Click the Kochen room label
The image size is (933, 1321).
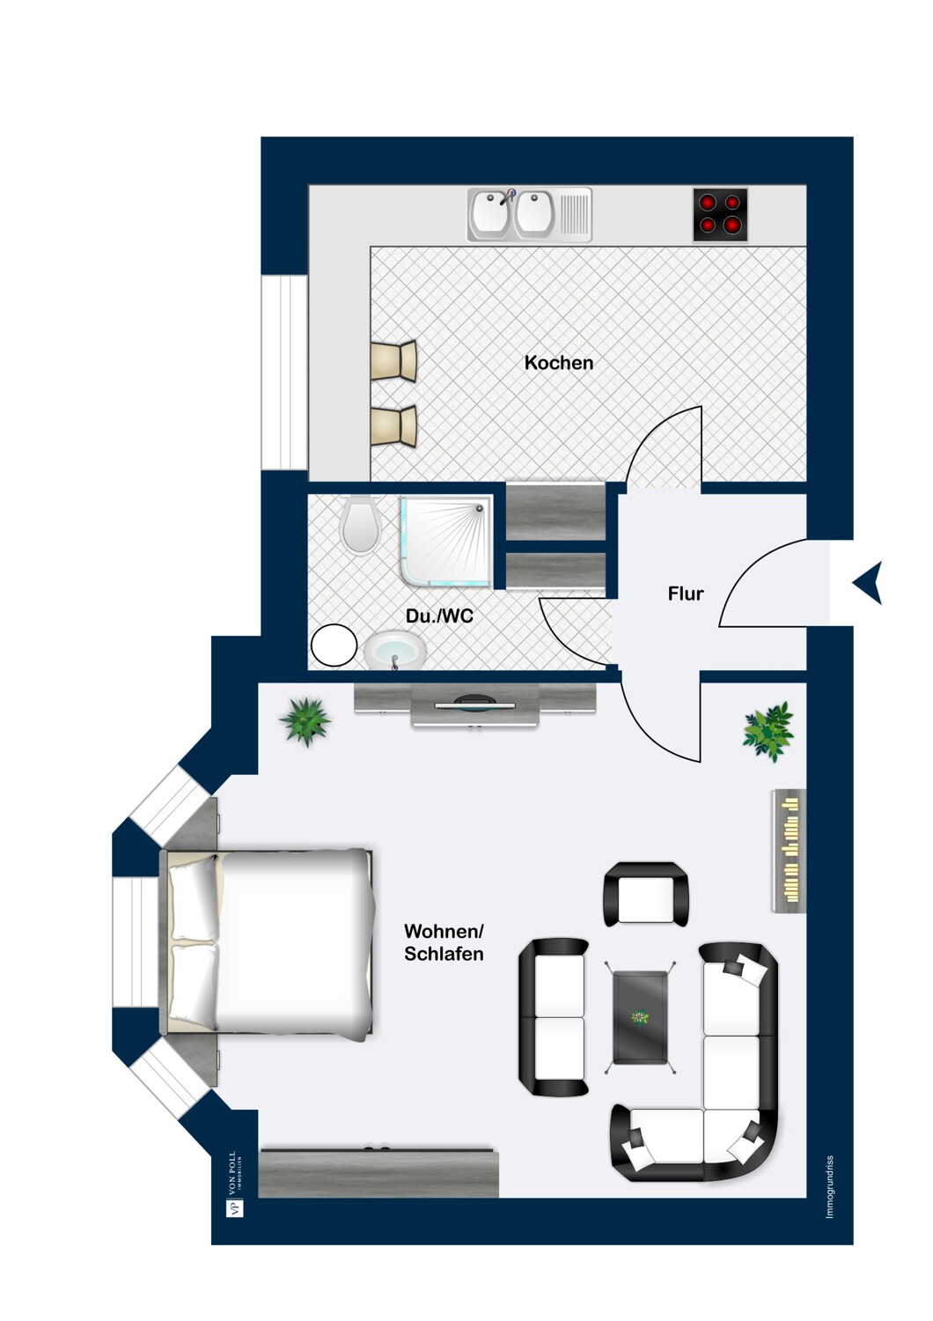tap(558, 363)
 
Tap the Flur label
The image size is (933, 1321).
tap(685, 594)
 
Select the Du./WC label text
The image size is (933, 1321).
tap(439, 616)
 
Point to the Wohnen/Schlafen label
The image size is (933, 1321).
tap(444, 942)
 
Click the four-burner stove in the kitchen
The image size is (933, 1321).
tap(720, 215)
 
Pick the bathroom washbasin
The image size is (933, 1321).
tap(394, 651)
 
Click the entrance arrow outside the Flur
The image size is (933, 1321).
tap(868, 583)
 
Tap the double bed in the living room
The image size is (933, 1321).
tap(267, 941)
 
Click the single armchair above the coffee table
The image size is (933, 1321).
tap(645, 894)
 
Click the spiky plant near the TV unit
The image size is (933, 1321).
tap(305, 721)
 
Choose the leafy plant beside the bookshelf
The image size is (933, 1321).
tap(768, 732)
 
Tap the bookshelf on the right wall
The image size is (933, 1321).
tap(789, 851)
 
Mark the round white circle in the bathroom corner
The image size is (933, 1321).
tap(334, 646)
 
